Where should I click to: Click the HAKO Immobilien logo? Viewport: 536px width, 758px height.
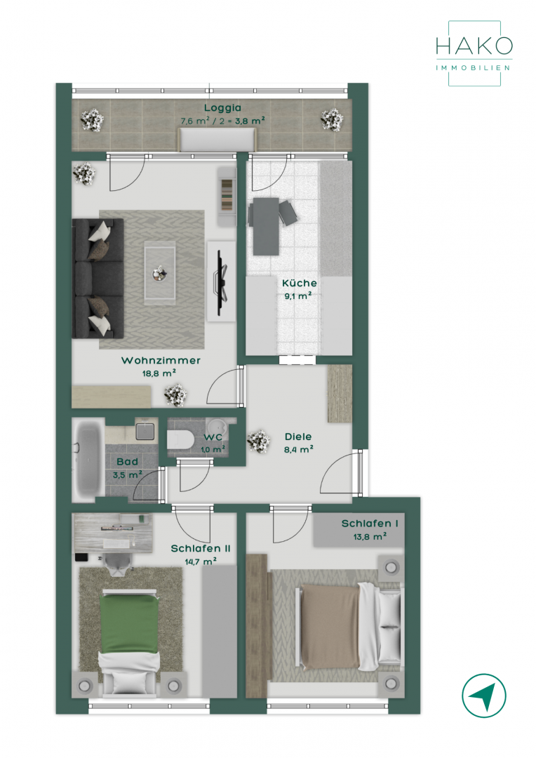pyautogui.click(x=474, y=53)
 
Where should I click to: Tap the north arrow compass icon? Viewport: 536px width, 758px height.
pyautogui.click(x=484, y=696)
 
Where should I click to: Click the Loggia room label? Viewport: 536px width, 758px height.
pyautogui.click(x=222, y=108)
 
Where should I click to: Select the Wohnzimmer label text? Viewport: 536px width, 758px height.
pyautogui.click(x=161, y=360)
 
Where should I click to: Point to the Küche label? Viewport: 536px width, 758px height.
pyautogui.click(x=300, y=283)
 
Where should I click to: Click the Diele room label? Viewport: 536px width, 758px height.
pyautogui.click(x=298, y=437)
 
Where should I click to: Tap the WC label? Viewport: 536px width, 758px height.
pyautogui.click(x=213, y=437)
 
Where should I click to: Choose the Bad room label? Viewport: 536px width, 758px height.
pyautogui.click(x=127, y=462)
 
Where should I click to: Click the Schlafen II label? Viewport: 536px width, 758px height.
pyautogui.click(x=201, y=549)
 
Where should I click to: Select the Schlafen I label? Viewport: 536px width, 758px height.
pyautogui.click(x=370, y=524)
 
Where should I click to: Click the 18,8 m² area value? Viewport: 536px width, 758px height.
pyautogui.click(x=159, y=373)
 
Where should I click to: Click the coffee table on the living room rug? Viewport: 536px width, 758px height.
pyautogui.click(x=160, y=274)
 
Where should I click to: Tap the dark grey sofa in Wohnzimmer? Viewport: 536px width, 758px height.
pyautogui.click(x=98, y=278)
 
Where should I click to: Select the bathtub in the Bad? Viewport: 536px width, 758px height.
pyautogui.click(x=88, y=460)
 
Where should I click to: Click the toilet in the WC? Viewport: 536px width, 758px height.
pyautogui.click(x=181, y=439)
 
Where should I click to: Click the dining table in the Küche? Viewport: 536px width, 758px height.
pyautogui.click(x=266, y=226)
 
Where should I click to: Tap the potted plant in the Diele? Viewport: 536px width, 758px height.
pyautogui.click(x=258, y=441)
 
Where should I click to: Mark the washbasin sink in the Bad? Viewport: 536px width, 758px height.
pyautogui.click(x=145, y=431)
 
